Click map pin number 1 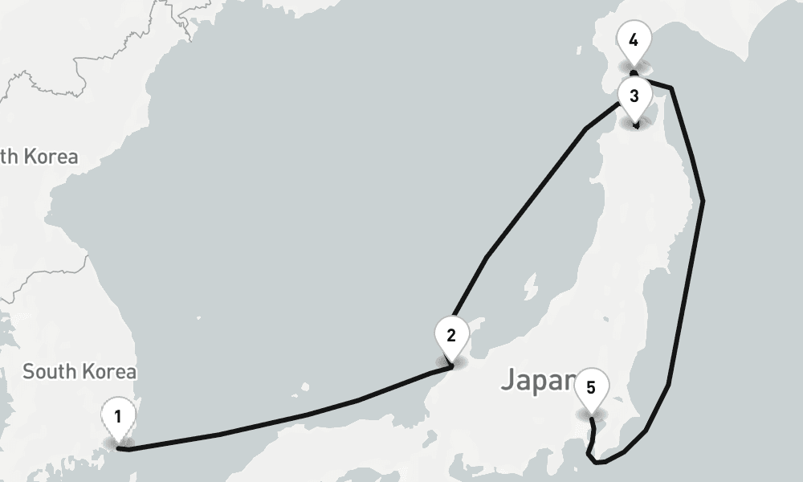[x=118, y=417]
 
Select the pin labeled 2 [x=450, y=335]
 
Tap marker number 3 [x=634, y=96]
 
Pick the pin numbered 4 [x=634, y=39]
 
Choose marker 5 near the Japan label [x=591, y=388]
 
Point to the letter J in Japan [x=508, y=380]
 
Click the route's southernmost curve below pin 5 [x=597, y=462]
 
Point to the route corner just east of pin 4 [x=672, y=87]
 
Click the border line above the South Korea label [x=48, y=277]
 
